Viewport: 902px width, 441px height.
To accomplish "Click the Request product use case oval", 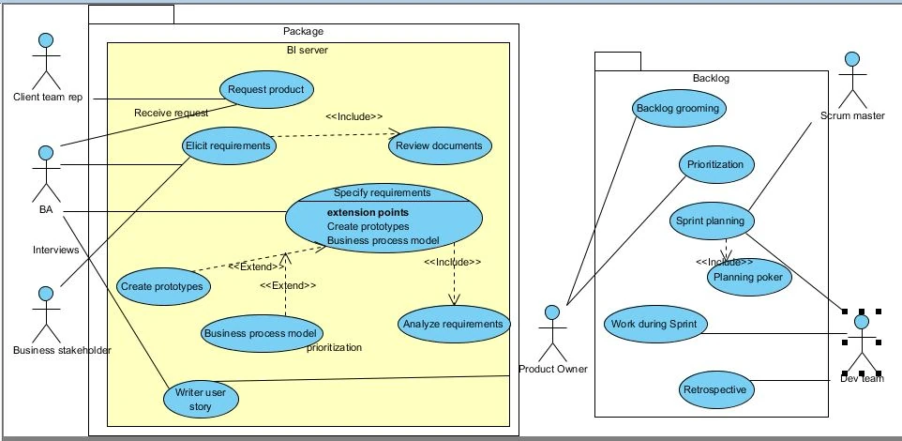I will [x=266, y=90].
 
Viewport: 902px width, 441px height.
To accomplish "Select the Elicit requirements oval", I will [x=228, y=145].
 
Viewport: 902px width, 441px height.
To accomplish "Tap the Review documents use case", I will [x=439, y=145].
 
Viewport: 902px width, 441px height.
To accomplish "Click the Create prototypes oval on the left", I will [x=163, y=285].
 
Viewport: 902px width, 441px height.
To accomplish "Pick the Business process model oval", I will [x=262, y=332].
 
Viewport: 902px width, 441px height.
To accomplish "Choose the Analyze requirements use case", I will [x=455, y=325].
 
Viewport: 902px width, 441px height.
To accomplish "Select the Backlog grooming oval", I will [x=678, y=108].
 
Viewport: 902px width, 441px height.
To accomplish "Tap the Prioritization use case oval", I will [x=715, y=165].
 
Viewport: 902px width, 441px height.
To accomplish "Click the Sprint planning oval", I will [x=710, y=221].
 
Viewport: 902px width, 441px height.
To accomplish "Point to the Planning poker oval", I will [x=750, y=278].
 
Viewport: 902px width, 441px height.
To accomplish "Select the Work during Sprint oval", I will [x=654, y=324].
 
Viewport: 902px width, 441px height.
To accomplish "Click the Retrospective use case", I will [x=715, y=389].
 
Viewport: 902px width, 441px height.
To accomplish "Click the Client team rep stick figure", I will [x=42, y=61].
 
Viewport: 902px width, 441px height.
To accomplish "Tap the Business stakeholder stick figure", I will [x=43, y=314].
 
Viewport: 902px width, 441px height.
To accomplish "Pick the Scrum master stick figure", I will [x=851, y=79].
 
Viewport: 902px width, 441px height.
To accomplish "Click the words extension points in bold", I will [x=368, y=212].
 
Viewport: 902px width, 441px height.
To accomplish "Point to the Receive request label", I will [x=171, y=113].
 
